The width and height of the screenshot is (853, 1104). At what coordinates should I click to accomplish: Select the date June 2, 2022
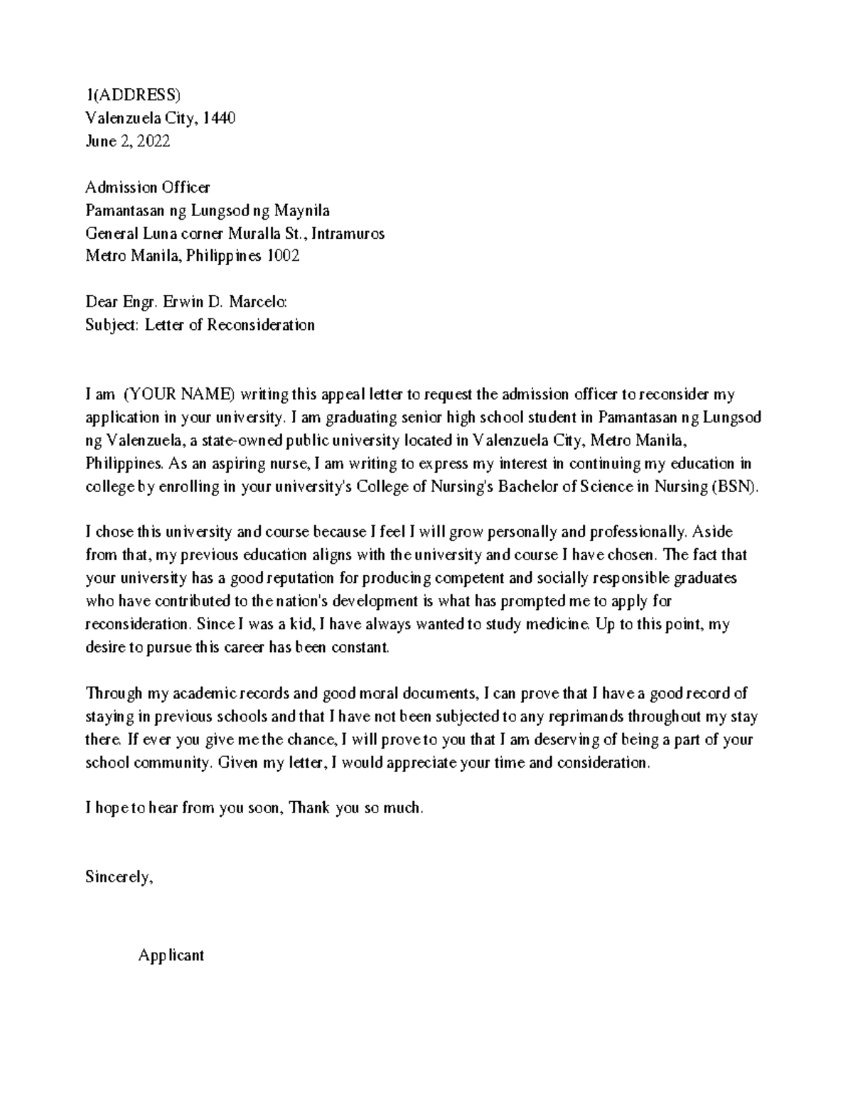[127, 141]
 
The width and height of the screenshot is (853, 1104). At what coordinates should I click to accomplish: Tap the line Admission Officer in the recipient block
[147, 187]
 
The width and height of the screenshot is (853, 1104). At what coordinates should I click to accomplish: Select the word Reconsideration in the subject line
[259, 325]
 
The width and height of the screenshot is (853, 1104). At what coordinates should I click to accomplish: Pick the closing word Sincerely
[119, 877]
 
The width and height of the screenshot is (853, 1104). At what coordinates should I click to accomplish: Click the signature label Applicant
[171, 955]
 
